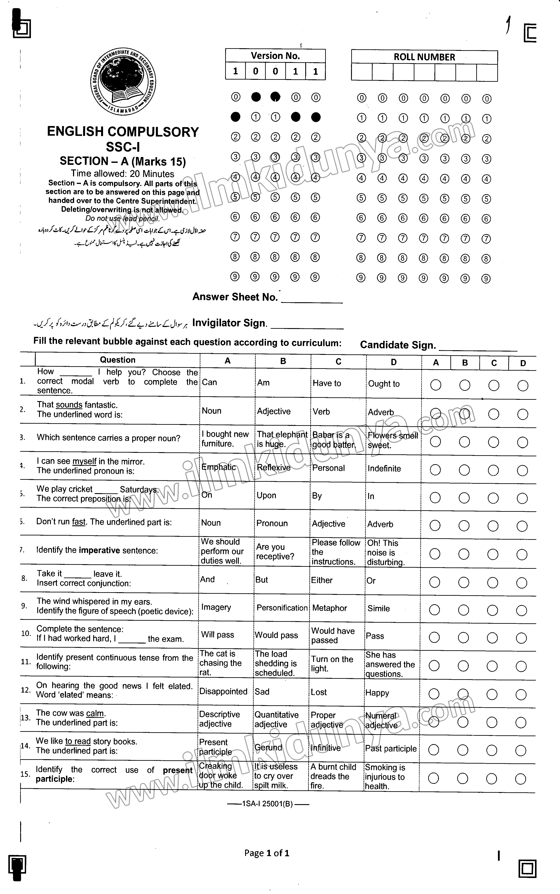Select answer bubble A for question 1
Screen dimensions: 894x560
tap(435, 385)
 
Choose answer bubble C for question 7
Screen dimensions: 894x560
tap(493, 554)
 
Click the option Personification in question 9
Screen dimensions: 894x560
tap(282, 608)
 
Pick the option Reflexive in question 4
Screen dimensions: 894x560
tap(274, 467)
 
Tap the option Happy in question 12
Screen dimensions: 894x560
tap(377, 693)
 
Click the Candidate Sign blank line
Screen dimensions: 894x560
tap(478, 347)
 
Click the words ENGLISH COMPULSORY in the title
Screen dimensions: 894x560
tap(123, 132)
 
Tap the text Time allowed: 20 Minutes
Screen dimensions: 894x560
tap(123, 174)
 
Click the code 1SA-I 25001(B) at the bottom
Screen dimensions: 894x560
tap(268, 804)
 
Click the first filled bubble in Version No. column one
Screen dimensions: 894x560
tap(235, 117)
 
